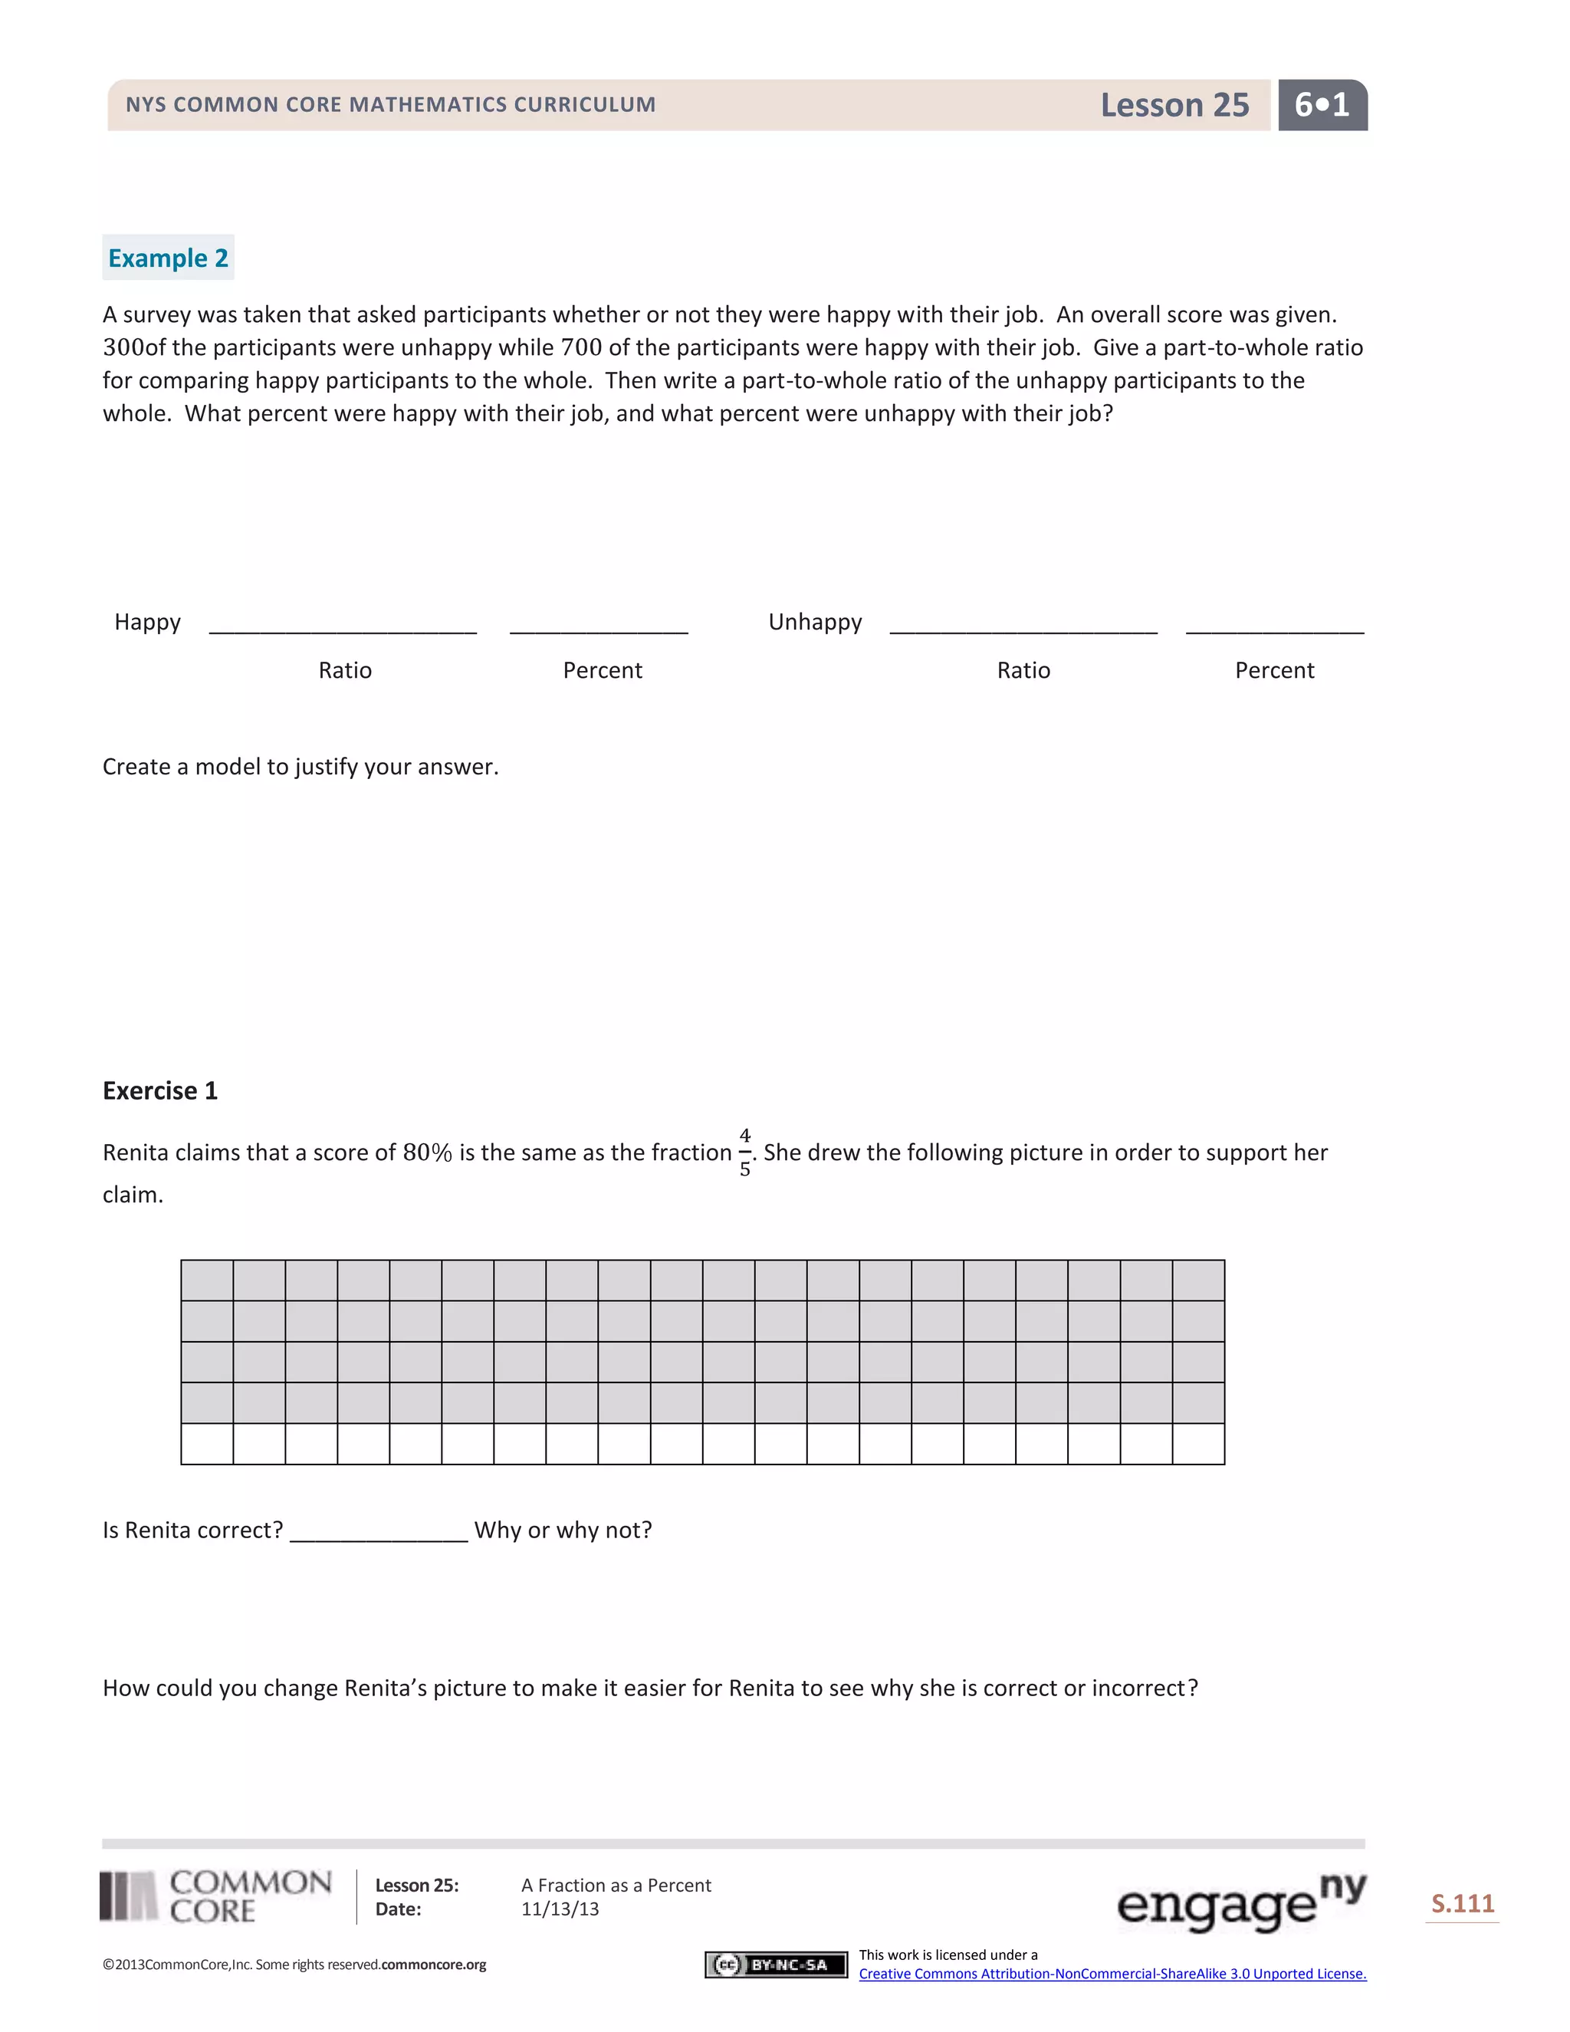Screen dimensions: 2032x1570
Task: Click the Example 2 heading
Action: [169, 258]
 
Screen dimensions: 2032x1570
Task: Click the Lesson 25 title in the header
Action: [1174, 105]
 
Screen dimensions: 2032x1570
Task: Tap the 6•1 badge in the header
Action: [1322, 105]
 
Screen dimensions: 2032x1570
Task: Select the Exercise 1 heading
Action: [160, 1090]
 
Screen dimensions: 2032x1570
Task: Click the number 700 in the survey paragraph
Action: [580, 348]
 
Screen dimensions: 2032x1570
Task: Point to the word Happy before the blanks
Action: [147, 622]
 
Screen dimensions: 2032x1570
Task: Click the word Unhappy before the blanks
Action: [815, 622]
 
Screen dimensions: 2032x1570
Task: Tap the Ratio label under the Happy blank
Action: [345, 670]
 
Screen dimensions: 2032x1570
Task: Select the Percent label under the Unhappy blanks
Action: [1274, 670]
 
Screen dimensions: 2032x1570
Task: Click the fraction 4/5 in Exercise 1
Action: [745, 1152]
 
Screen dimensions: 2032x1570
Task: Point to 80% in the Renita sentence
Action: [427, 1152]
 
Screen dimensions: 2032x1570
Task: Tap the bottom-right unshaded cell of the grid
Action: [1198, 1444]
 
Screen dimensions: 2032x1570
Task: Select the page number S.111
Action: [1462, 1904]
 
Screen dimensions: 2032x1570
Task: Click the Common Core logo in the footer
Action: [215, 1897]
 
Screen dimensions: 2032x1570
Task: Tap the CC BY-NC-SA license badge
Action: [776, 1964]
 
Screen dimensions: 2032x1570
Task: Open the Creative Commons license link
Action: [1112, 1974]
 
